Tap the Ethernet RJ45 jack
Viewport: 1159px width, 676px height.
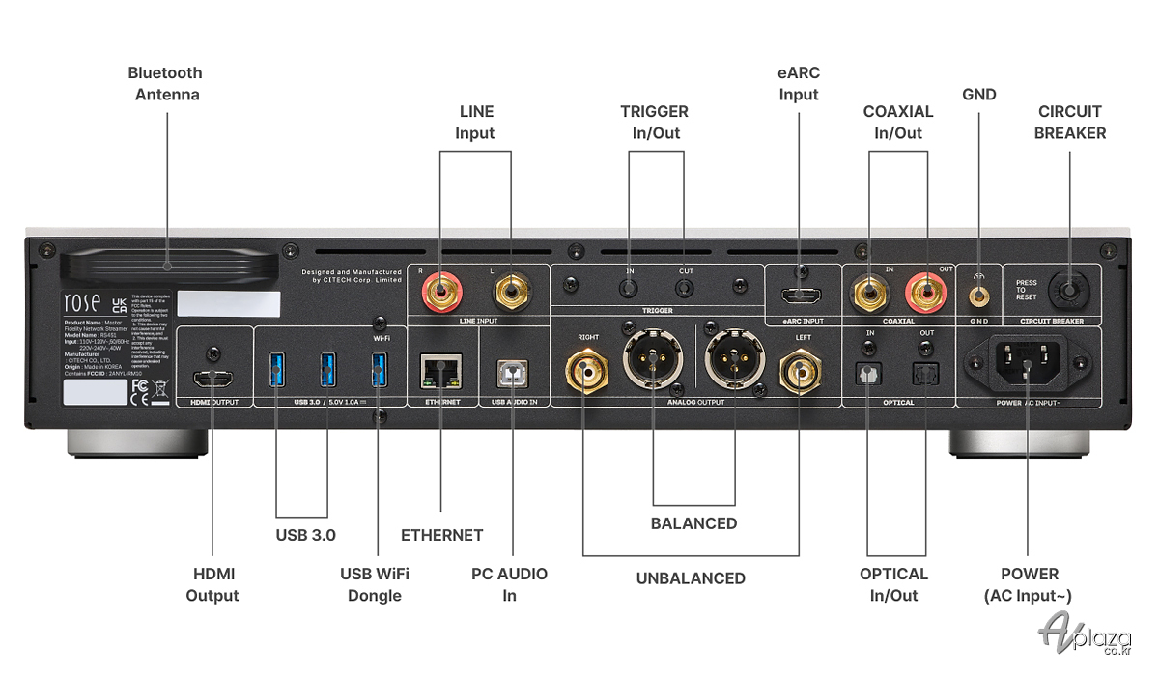[439, 369]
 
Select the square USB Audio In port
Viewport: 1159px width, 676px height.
[513, 371]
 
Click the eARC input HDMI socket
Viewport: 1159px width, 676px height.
[800, 293]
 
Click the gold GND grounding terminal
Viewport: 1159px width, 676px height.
[980, 289]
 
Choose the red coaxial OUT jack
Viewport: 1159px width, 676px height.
[923, 291]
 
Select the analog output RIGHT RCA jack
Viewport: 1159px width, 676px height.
[585, 370]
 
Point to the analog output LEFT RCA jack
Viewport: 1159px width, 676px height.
[800, 370]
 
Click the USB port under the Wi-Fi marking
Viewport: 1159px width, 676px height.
[378, 367]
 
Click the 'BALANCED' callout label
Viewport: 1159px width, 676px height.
[693, 523]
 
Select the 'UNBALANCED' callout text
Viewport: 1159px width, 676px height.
[691, 578]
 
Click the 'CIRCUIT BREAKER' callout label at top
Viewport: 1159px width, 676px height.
[1070, 122]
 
